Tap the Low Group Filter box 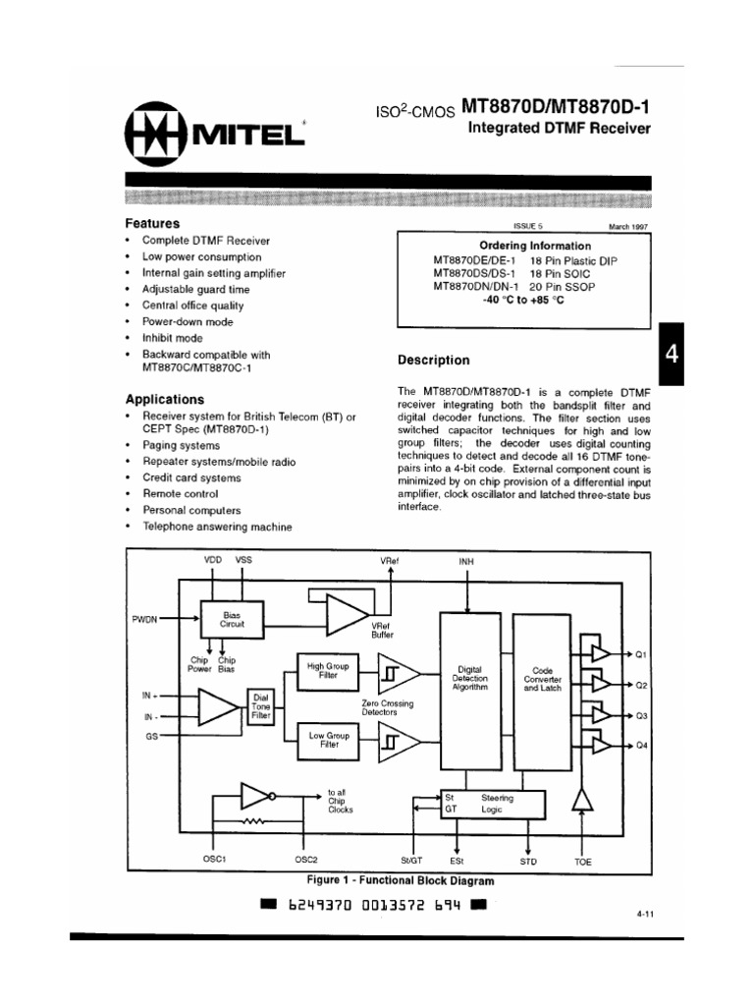(x=329, y=740)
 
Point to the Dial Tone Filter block (x=260, y=707)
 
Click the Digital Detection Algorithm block (x=469, y=678)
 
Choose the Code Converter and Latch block (x=542, y=678)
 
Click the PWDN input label (x=144, y=620)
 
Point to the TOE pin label (x=583, y=861)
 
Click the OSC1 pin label (x=214, y=859)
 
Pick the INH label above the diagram (x=466, y=561)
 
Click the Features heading (x=152, y=223)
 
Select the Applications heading (x=165, y=400)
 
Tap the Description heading (x=433, y=361)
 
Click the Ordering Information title (x=535, y=246)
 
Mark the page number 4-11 (x=644, y=915)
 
